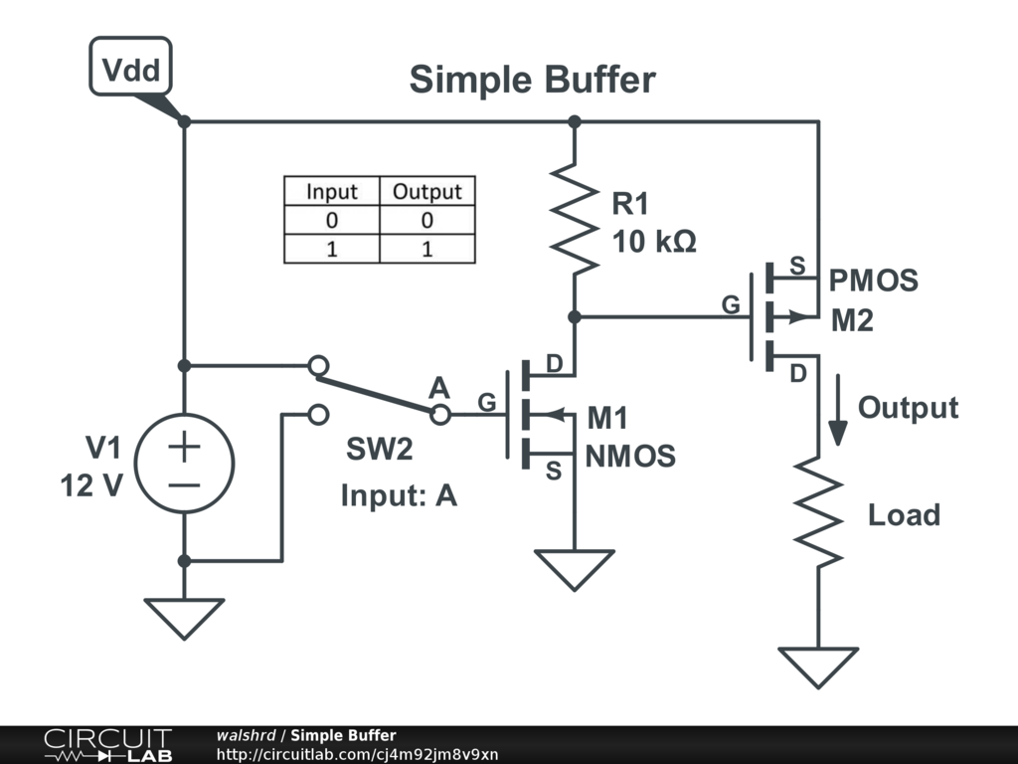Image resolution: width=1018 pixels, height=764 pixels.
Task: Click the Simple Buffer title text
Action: [x=532, y=80]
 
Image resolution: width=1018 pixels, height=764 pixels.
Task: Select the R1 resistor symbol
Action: [x=574, y=220]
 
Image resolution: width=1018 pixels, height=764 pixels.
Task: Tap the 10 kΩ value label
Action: [x=653, y=241]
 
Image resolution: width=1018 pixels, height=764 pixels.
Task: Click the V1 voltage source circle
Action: [x=184, y=464]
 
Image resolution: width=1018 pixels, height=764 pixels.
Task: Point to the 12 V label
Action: [x=91, y=486]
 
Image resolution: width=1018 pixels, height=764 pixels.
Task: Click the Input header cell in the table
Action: [x=331, y=191]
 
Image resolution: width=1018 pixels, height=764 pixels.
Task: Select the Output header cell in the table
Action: [x=426, y=191]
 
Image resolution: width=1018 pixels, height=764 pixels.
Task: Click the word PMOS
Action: [x=874, y=282]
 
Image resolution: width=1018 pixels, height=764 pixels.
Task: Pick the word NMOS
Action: [x=630, y=457]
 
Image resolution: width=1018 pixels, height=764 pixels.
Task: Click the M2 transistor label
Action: [x=852, y=320]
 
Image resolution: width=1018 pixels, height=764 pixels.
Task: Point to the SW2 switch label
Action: [x=380, y=450]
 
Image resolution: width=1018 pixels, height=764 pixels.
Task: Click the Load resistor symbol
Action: [x=818, y=513]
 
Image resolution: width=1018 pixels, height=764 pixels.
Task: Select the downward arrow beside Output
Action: [x=839, y=410]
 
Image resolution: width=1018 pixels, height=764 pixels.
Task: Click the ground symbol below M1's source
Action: [x=574, y=568]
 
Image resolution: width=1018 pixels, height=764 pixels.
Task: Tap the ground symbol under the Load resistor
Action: [x=818, y=666]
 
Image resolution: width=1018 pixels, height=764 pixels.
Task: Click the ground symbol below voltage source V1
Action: [x=184, y=617]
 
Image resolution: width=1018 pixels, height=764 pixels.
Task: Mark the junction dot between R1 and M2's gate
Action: [x=574, y=317]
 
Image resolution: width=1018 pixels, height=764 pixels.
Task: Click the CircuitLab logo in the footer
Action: [x=107, y=745]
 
